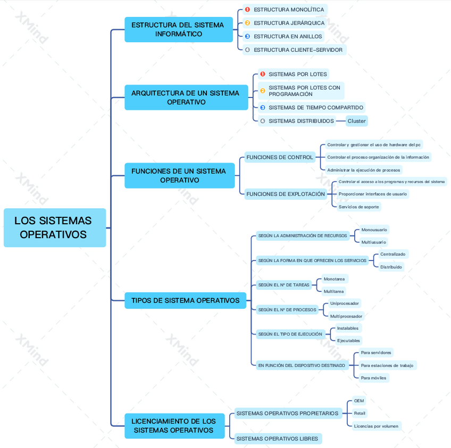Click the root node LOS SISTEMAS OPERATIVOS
click(x=54, y=227)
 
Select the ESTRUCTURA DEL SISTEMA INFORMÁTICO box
click(x=178, y=29)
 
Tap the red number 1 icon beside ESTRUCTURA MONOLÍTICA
click(x=247, y=10)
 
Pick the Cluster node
click(x=356, y=121)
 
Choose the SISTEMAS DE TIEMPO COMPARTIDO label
click(x=315, y=108)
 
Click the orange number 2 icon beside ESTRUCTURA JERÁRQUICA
click(x=247, y=23)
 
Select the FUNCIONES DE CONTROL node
click(x=280, y=157)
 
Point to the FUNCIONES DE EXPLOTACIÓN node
click(x=286, y=194)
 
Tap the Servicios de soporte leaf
click(x=358, y=207)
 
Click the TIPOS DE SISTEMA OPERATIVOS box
click(x=185, y=300)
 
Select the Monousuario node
click(x=374, y=230)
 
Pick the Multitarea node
click(x=334, y=291)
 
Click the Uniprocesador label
click(x=344, y=303)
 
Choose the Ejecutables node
click(x=348, y=340)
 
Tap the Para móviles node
click(x=373, y=378)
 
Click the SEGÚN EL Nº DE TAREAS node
click(x=283, y=285)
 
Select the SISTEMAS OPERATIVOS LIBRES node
click(x=277, y=438)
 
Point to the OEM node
click(x=359, y=401)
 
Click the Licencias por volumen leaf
click(x=376, y=426)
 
